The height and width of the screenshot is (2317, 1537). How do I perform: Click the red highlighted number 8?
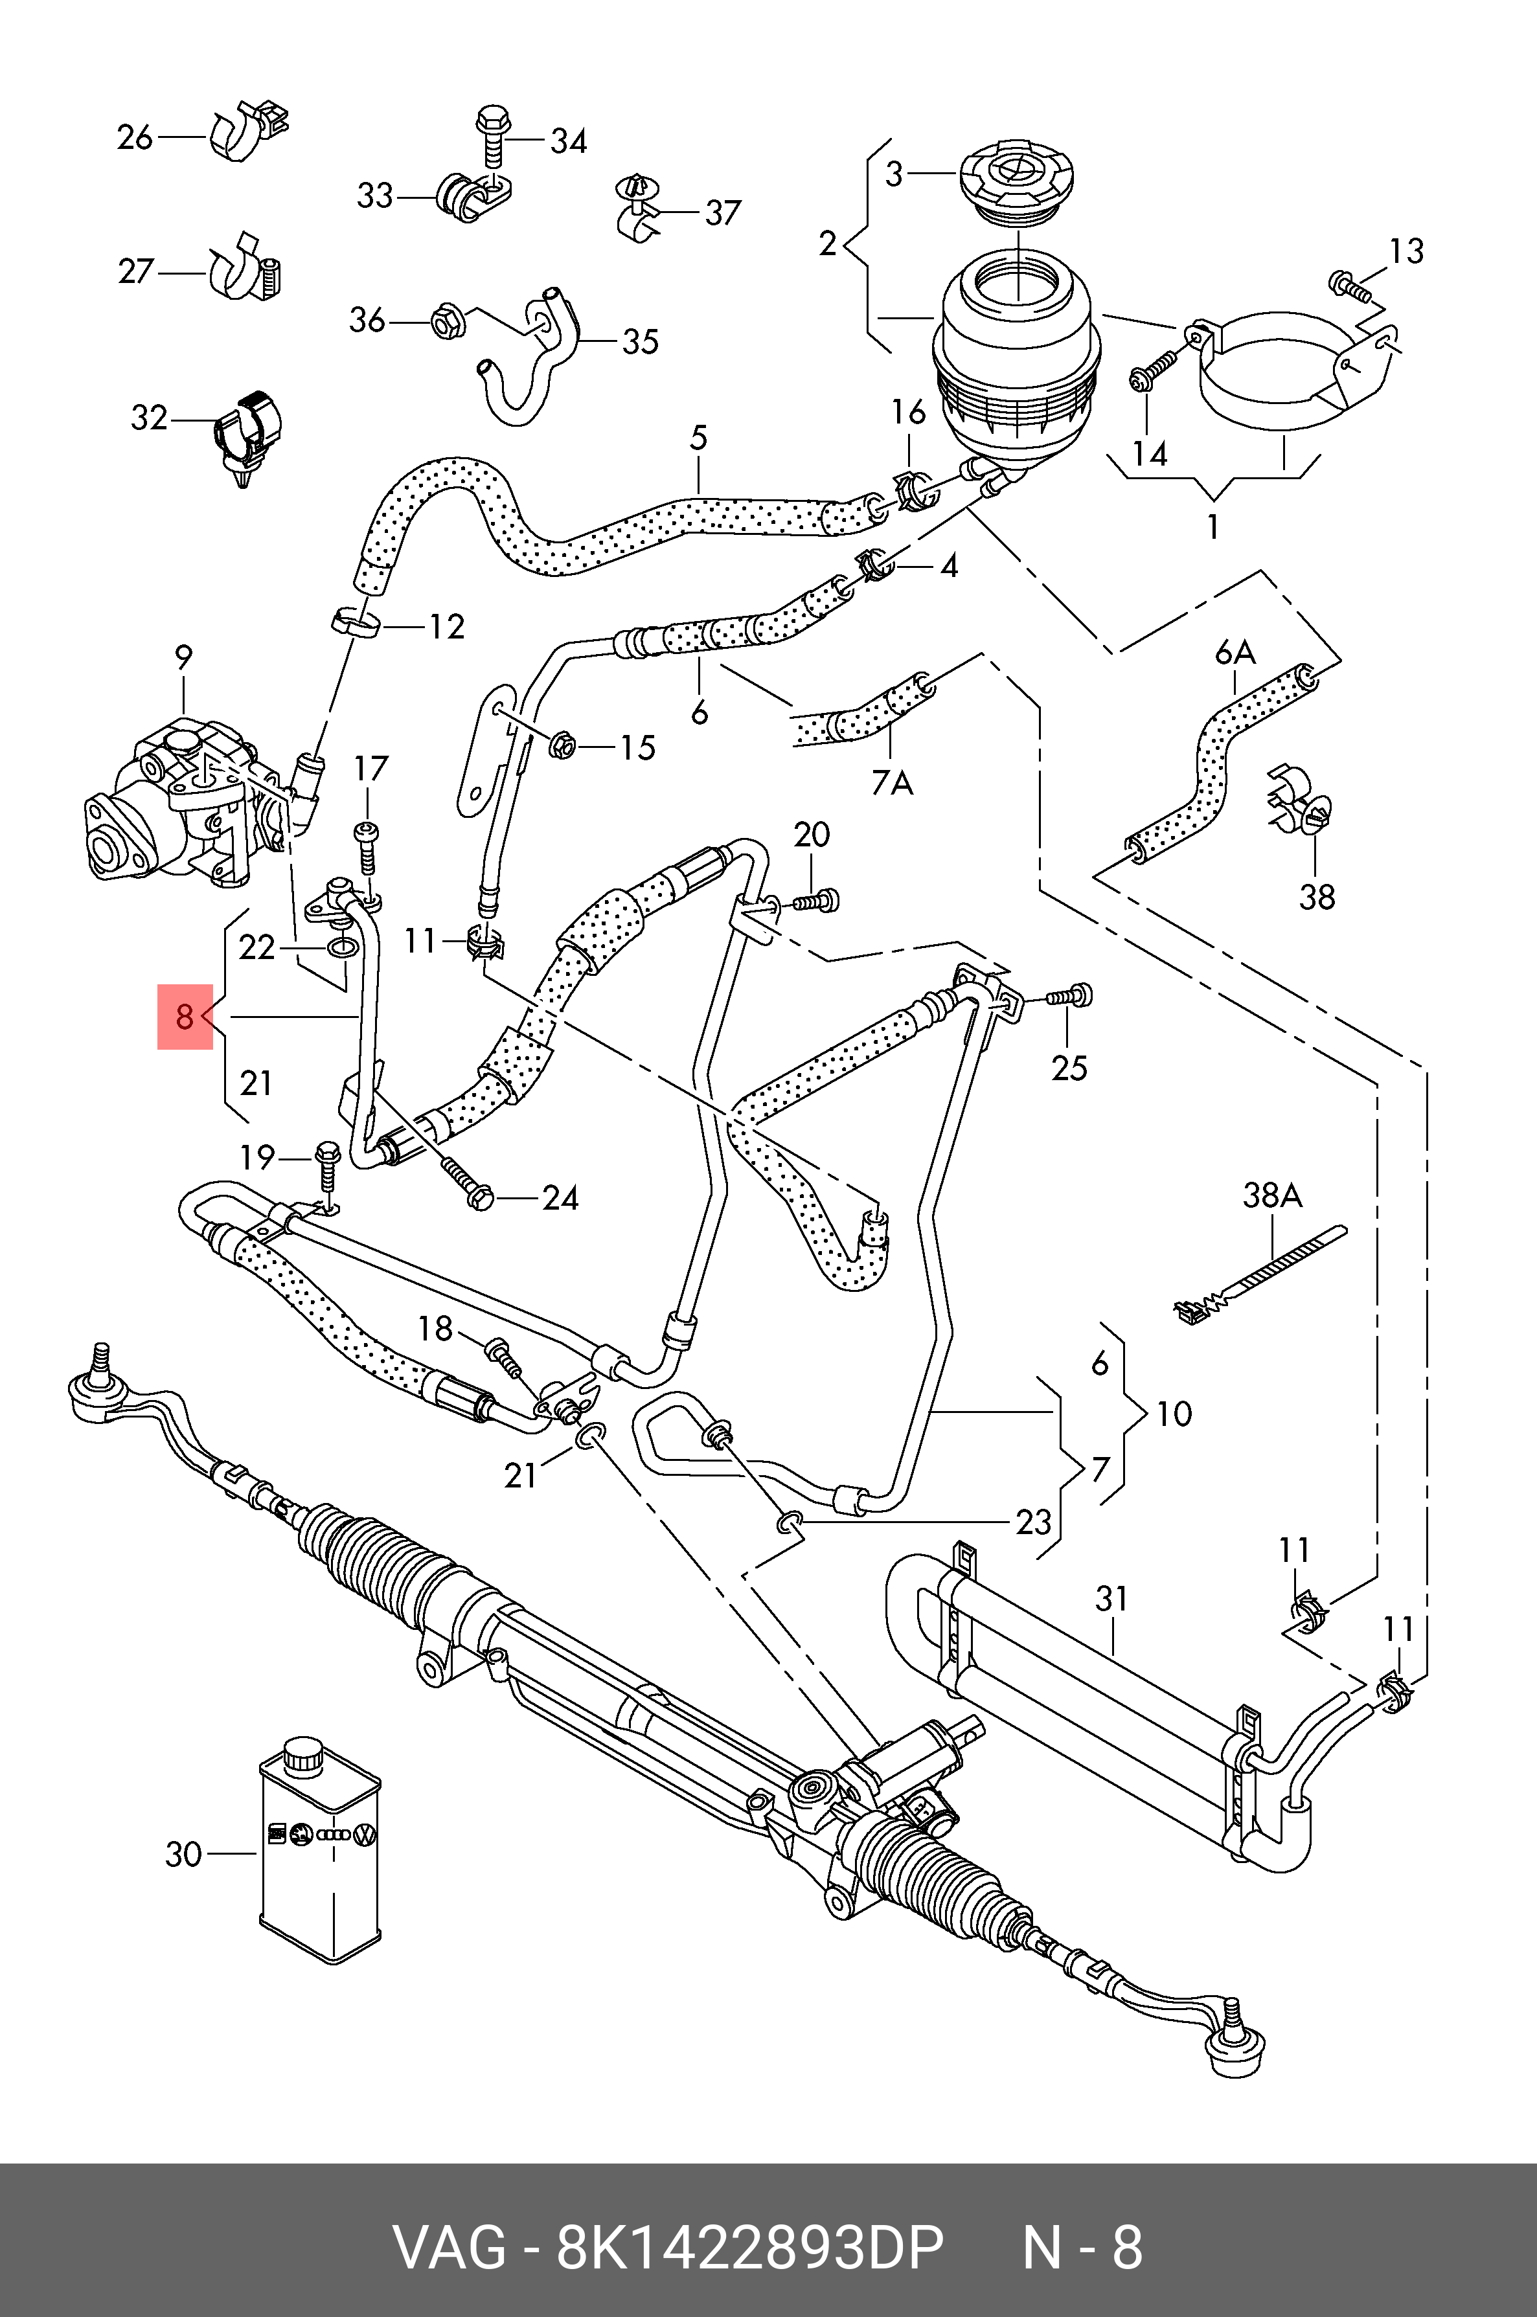(185, 1017)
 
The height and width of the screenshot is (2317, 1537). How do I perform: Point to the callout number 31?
(1111, 1599)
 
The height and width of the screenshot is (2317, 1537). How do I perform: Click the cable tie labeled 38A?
(1260, 1274)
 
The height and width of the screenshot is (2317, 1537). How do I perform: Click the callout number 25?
(1069, 1067)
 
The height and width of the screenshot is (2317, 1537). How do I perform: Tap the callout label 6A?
(1235, 652)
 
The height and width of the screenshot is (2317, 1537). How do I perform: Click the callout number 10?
(1174, 1414)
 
